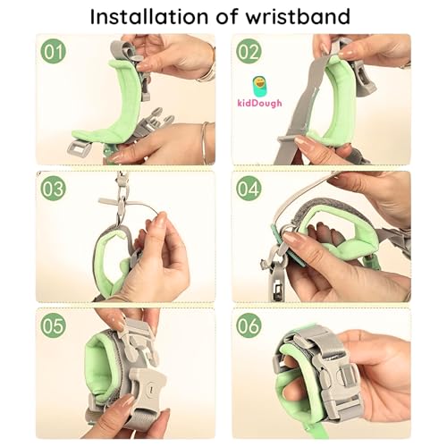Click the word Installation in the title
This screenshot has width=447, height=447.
(x=149, y=16)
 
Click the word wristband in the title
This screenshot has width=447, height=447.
(x=298, y=16)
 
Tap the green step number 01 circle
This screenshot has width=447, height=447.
(x=53, y=51)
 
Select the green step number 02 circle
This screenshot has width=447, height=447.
(x=249, y=51)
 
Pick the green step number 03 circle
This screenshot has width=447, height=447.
(x=53, y=188)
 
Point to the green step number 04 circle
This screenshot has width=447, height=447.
(x=249, y=188)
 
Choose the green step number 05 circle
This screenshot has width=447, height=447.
(x=53, y=325)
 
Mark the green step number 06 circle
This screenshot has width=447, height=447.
(x=249, y=325)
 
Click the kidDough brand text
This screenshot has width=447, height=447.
(x=259, y=103)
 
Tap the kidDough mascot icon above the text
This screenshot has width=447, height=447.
(x=259, y=87)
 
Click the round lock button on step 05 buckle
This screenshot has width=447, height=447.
(x=150, y=389)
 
